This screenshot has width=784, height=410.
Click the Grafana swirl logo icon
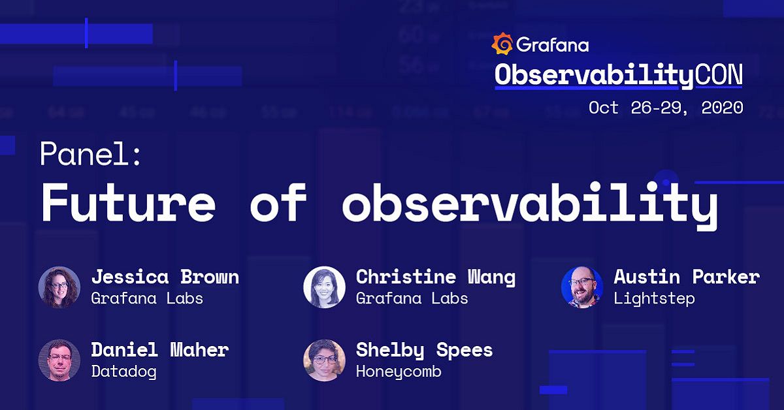coord(502,44)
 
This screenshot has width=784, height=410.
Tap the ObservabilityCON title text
coord(618,76)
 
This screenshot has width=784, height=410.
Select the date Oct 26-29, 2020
coord(666,108)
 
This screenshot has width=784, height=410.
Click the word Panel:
coord(90,155)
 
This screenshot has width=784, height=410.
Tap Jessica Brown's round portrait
coord(59,287)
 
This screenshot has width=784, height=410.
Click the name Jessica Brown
coord(165,277)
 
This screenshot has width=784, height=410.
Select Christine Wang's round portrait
coord(325,287)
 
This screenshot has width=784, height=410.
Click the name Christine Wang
coord(435,277)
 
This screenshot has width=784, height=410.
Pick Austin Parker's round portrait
coord(582,287)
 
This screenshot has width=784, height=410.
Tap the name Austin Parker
coord(686,277)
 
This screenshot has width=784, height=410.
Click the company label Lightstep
coord(654,298)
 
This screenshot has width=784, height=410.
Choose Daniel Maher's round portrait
coord(59,360)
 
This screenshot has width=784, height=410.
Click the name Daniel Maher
coord(159,350)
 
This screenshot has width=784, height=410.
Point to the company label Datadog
coord(123,371)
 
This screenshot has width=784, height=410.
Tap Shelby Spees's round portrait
coord(325,360)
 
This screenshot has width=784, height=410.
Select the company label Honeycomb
coord(399,371)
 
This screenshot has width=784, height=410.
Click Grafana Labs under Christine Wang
coord(412,298)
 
